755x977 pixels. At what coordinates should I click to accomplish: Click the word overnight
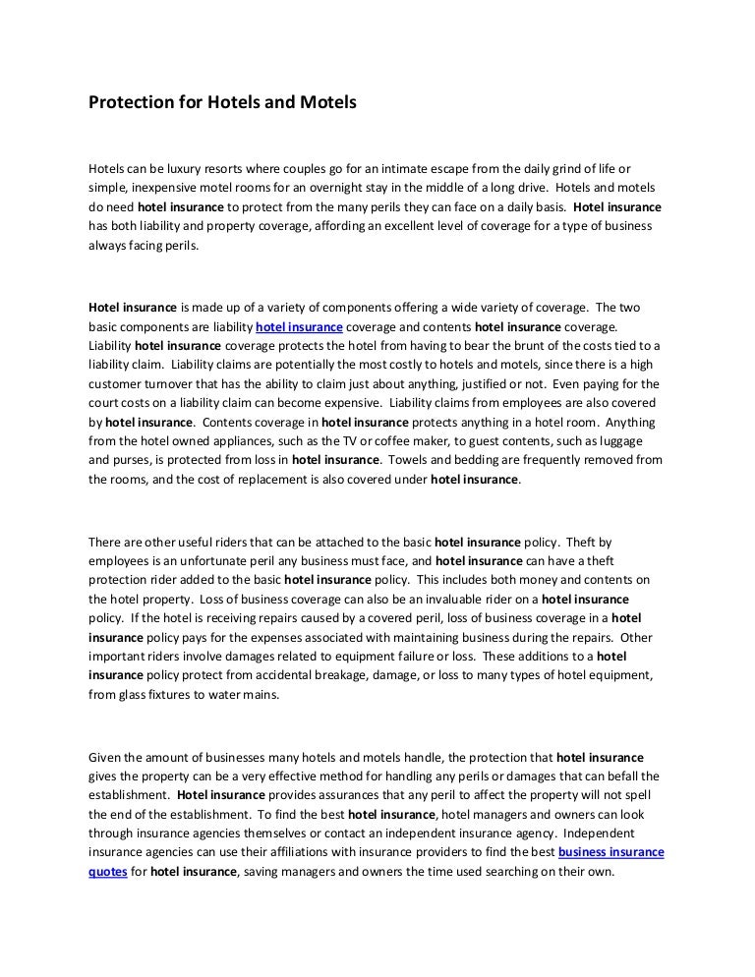336,188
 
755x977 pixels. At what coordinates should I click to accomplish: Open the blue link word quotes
107,871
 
